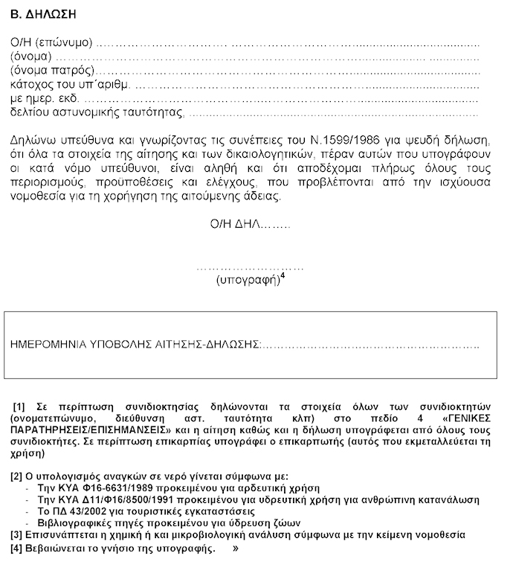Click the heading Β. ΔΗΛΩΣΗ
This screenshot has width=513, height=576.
click(x=44, y=14)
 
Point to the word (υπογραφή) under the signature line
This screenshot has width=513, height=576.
click(x=246, y=281)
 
